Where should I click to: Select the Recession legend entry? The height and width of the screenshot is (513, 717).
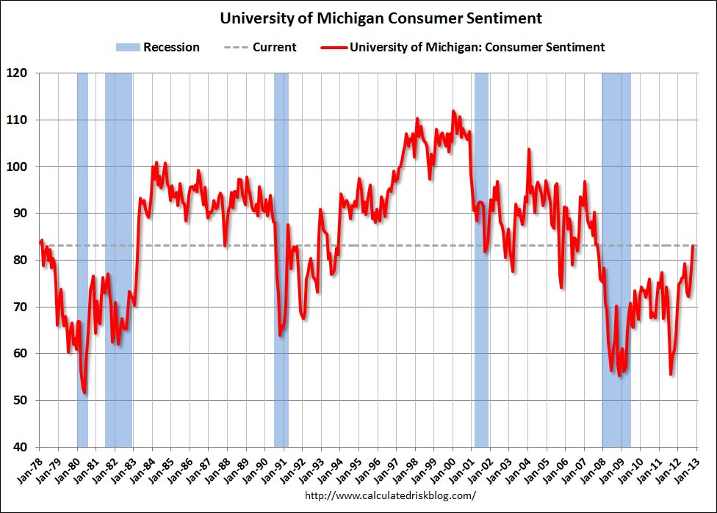click(x=157, y=47)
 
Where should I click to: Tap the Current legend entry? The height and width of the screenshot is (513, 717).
click(x=261, y=47)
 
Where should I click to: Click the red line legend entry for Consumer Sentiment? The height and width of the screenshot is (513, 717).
click(x=462, y=47)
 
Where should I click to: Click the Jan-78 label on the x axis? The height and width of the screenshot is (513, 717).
click(x=29, y=467)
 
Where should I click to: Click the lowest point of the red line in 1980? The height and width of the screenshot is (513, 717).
click(x=85, y=393)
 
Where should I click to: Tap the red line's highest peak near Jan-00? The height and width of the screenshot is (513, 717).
click(x=453, y=111)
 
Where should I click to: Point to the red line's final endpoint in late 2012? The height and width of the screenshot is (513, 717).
click(x=693, y=246)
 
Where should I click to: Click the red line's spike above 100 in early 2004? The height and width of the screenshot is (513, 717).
click(x=528, y=149)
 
